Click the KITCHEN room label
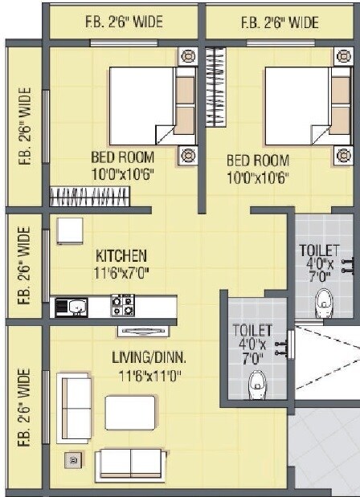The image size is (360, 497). pyautogui.click(x=121, y=255)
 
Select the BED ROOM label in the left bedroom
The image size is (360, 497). pyautogui.click(x=123, y=158)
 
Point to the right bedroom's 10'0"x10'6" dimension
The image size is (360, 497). pyautogui.click(x=258, y=175)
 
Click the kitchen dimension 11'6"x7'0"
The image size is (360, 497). pyautogui.click(x=121, y=272)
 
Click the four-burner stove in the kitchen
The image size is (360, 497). pyautogui.click(x=123, y=305)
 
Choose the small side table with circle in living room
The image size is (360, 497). pyautogui.click(x=74, y=460)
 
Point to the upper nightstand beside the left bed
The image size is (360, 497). pyautogui.click(x=187, y=57)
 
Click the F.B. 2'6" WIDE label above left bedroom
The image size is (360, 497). pyautogui.click(x=123, y=23)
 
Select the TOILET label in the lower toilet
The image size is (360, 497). pyautogui.click(x=252, y=330)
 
